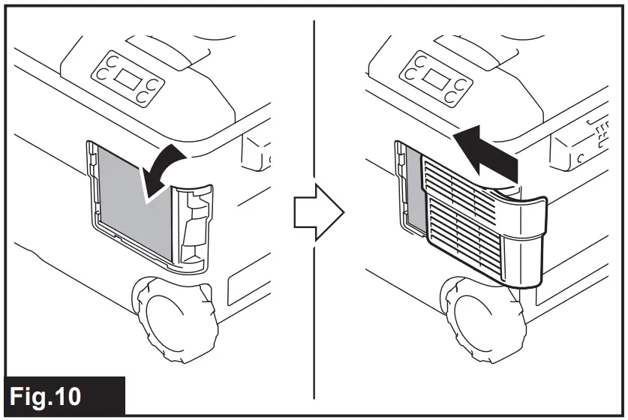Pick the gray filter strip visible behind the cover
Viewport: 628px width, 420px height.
pos(409,187)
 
